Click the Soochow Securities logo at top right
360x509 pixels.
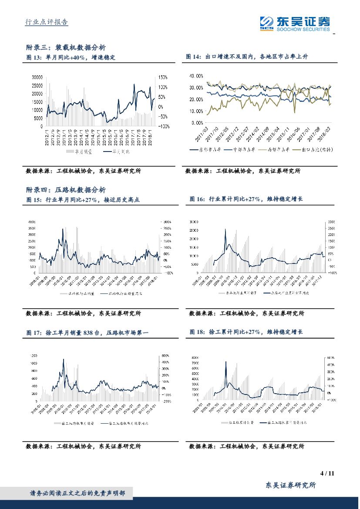294,23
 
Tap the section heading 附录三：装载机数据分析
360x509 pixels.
66,47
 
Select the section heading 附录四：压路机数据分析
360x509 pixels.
66,190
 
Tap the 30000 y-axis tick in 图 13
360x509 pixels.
37,77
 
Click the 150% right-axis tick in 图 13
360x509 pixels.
162,77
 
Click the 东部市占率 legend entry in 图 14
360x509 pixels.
206,149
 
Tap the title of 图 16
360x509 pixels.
246,199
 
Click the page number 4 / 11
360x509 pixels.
326,473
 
